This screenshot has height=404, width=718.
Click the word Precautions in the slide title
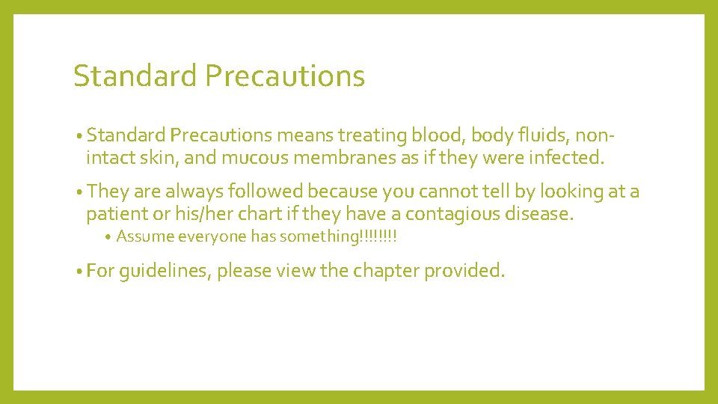click(284, 76)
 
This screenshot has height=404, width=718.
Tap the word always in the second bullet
click(194, 192)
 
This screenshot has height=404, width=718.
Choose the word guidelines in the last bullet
click(165, 271)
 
